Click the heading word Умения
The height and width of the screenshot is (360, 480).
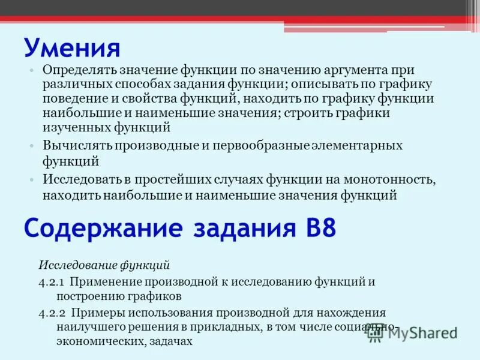72,47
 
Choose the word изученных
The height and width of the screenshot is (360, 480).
76,127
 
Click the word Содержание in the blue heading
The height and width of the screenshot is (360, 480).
103,229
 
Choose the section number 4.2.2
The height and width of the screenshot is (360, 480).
52,313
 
